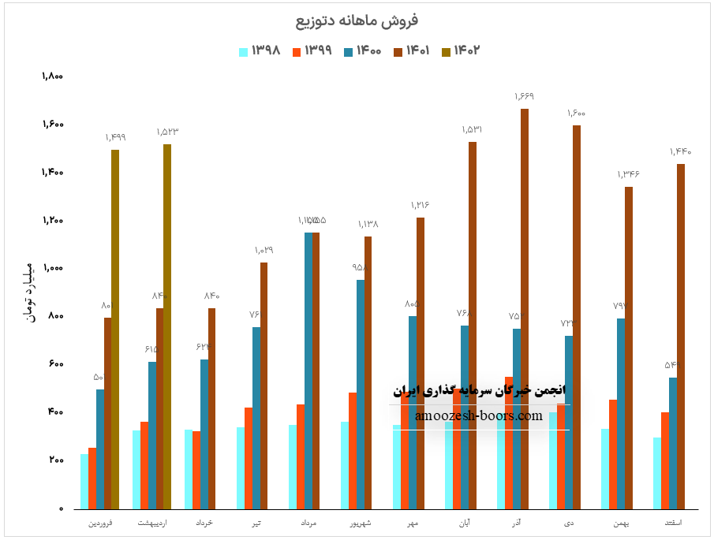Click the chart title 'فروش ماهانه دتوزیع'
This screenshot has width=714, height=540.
click(357, 20)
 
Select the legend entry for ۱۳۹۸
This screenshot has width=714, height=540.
click(260, 51)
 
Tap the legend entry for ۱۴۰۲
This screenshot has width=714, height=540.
click(462, 51)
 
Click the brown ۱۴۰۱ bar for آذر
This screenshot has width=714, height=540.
click(525, 308)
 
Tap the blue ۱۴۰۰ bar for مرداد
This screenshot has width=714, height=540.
click(308, 371)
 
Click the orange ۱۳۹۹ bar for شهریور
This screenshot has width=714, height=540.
click(352, 450)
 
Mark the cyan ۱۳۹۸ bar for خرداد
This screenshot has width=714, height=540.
click(189, 469)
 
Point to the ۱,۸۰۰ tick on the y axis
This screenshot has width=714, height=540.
click(52, 76)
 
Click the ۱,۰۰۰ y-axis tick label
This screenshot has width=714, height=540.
click(52, 268)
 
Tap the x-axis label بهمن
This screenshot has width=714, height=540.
click(621, 523)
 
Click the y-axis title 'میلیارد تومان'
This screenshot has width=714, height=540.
click(29, 291)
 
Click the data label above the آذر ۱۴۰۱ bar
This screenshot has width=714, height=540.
click(525, 96)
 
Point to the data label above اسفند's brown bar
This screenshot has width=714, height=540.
click(680, 151)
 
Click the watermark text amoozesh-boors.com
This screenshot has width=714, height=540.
click(479, 416)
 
